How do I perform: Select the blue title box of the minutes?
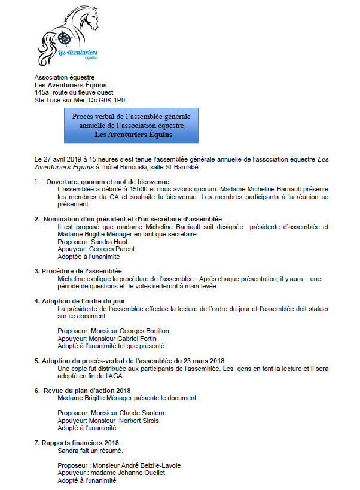[132, 126]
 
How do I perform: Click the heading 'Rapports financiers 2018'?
[80, 443]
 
